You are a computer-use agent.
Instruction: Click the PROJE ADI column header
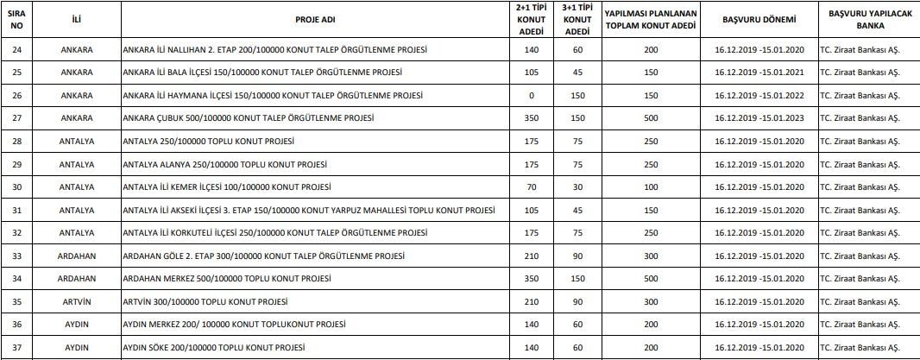click(x=311, y=19)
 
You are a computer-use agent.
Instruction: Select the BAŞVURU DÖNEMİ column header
click(x=755, y=19)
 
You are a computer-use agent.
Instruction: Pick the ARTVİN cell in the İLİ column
click(x=78, y=302)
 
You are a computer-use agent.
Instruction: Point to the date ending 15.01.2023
click(x=755, y=117)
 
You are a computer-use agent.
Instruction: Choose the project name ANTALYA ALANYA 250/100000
click(x=228, y=164)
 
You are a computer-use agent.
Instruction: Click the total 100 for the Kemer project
click(x=651, y=186)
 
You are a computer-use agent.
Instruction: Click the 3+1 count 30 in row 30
click(x=577, y=186)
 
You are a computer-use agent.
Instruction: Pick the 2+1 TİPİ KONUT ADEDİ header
click(x=531, y=19)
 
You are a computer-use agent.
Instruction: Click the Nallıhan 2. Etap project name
click(x=275, y=48)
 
